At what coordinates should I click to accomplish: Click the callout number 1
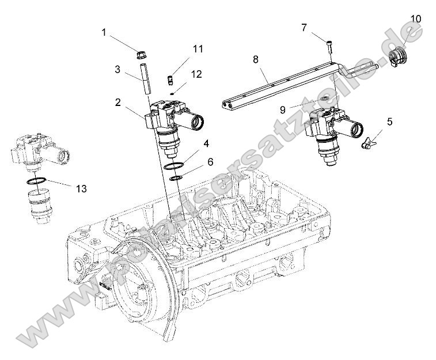[x=104, y=33]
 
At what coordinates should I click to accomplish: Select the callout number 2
[x=117, y=102]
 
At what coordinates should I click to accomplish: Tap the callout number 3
[x=117, y=69]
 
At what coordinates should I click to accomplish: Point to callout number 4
[x=205, y=142]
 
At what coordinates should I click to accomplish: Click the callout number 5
[x=390, y=122]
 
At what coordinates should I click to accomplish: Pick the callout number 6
[x=211, y=162]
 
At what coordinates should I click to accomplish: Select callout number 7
[x=304, y=26]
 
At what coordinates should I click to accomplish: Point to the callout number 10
[x=415, y=19]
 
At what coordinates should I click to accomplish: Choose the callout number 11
[x=198, y=49]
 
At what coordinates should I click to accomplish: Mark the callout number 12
[x=197, y=74]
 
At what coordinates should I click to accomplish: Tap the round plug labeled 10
[x=397, y=58]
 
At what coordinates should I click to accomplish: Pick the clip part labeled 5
[x=366, y=142]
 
